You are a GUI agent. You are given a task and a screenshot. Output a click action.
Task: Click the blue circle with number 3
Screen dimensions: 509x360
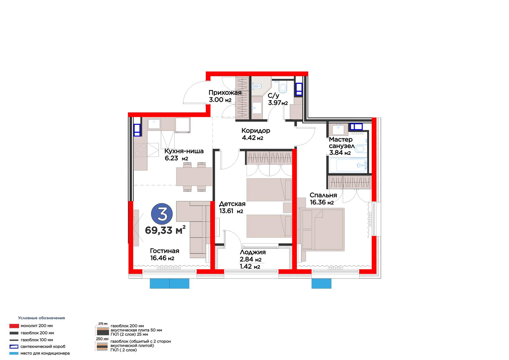(162, 214)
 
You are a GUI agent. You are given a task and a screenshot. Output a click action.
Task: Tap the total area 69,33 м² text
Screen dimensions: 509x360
(165, 230)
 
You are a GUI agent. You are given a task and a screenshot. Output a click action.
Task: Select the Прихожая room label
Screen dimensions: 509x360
(225, 93)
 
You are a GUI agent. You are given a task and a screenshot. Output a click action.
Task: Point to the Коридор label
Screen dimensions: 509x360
(256, 131)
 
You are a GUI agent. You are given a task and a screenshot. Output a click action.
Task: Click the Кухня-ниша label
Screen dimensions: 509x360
(184, 151)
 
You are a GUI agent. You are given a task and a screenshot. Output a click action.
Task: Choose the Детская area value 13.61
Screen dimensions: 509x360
(226, 211)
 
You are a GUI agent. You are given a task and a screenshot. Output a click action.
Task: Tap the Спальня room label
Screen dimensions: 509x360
(323, 195)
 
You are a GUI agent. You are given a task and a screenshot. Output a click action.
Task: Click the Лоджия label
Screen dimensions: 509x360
(253, 252)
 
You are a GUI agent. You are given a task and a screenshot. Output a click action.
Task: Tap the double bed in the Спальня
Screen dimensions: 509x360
(322, 229)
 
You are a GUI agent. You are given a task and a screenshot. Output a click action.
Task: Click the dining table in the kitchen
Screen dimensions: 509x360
(194, 176)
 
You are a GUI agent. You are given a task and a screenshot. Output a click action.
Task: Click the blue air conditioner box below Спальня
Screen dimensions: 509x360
(321, 284)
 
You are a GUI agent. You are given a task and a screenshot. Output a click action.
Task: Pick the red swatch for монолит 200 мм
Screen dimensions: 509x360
(14, 326)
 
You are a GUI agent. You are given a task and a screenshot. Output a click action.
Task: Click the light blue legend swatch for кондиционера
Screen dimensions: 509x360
(14, 353)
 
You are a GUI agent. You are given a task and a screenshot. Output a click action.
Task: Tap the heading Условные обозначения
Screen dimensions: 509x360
(41, 318)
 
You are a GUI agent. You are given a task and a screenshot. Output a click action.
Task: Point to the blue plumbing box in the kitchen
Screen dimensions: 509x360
(137, 130)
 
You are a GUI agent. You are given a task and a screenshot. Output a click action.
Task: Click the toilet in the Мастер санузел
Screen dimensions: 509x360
(361, 149)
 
